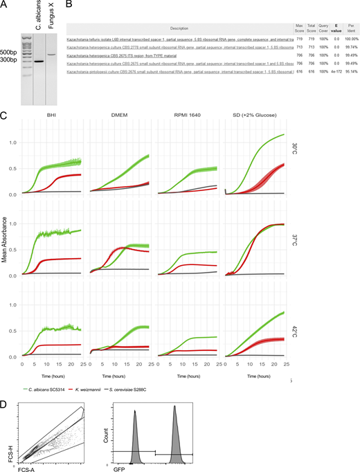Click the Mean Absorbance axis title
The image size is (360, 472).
(6, 238)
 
